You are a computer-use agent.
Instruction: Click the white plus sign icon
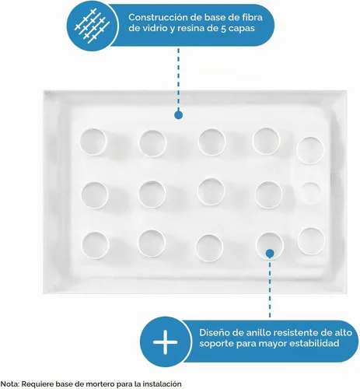click(166, 342)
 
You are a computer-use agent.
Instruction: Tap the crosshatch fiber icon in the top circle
click(92, 26)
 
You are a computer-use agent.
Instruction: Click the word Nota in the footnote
click(9, 384)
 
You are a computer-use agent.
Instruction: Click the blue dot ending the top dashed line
click(178, 115)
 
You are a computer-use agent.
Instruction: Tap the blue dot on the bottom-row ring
click(270, 254)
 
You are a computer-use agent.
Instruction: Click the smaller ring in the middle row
click(311, 192)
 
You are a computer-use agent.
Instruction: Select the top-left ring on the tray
click(93, 142)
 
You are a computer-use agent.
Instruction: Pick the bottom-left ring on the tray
click(95, 245)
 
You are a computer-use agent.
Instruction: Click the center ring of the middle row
click(211, 191)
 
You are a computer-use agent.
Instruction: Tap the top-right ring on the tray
click(311, 151)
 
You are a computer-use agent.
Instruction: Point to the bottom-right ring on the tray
click(311, 241)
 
